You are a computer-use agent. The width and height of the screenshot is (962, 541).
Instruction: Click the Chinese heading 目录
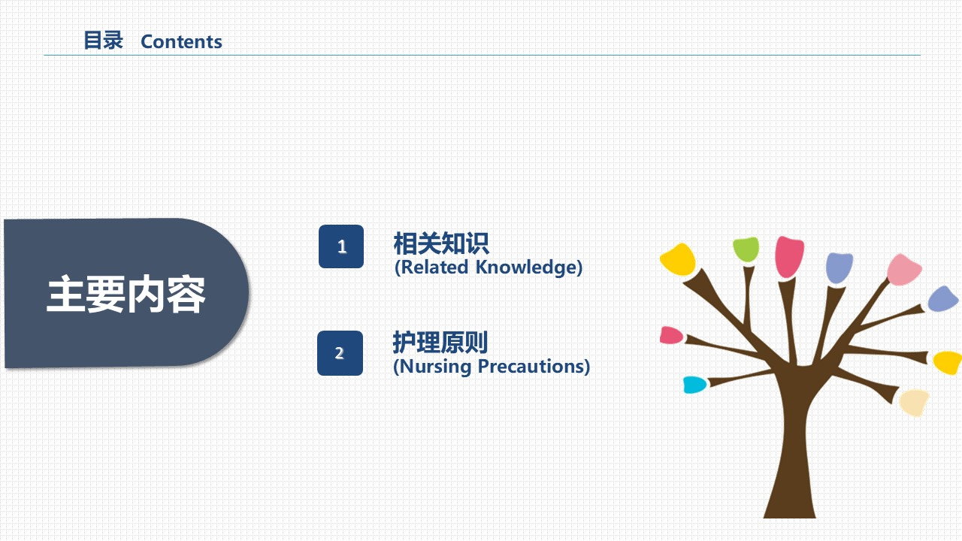click(x=104, y=41)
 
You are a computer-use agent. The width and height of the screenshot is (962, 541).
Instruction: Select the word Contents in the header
click(x=181, y=41)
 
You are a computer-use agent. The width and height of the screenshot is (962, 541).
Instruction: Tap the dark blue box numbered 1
click(x=341, y=246)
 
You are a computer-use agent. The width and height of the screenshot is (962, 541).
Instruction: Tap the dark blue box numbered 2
click(x=340, y=353)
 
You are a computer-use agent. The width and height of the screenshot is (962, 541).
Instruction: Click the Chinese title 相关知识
click(x=441, y=243)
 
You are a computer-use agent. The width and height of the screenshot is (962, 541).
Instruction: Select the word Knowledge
click(x=526, y=267)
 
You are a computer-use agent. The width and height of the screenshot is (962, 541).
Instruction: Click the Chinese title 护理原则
click(x=440, y=342)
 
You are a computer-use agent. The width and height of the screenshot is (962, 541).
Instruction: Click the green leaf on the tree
click(x=746, y=249)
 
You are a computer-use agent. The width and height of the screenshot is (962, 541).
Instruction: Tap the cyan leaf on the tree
click(x=694, y=385)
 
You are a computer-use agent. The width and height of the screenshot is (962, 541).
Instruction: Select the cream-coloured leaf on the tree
click(x=914, y=402)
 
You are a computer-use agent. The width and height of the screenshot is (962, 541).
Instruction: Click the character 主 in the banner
click(x=65, y=294)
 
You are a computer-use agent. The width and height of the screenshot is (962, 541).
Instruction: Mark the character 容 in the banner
click(x=186, y=295)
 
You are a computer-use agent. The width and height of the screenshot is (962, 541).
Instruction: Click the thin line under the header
click(x=482, y=55)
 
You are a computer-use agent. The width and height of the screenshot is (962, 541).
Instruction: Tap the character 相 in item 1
click(x=405, y=243)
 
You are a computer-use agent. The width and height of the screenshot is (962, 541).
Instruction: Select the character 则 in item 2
click(x=476, y=342)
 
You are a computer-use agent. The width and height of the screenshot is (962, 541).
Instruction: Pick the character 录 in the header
click(x=113, y=41)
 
